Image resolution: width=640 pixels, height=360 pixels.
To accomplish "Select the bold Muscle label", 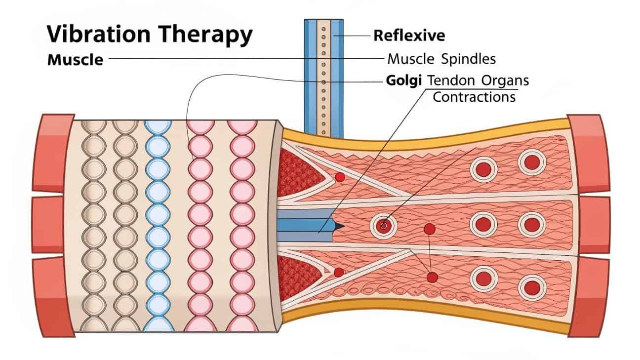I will tap(75, 60).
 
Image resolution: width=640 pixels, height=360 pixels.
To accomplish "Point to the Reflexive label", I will tap(409, 36).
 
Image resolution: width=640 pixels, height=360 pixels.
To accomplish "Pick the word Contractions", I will tap(474, 96).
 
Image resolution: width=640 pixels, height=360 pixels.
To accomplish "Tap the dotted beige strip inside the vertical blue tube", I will tap(323, 79).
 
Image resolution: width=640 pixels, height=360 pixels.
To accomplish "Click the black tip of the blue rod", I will tap(339, 226).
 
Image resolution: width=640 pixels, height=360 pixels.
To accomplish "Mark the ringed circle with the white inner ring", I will tap(384, 226).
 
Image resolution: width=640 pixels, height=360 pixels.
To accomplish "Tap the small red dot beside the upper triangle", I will tap(339, 176).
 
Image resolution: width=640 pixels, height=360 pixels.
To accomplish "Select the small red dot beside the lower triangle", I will tap(338, 272).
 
